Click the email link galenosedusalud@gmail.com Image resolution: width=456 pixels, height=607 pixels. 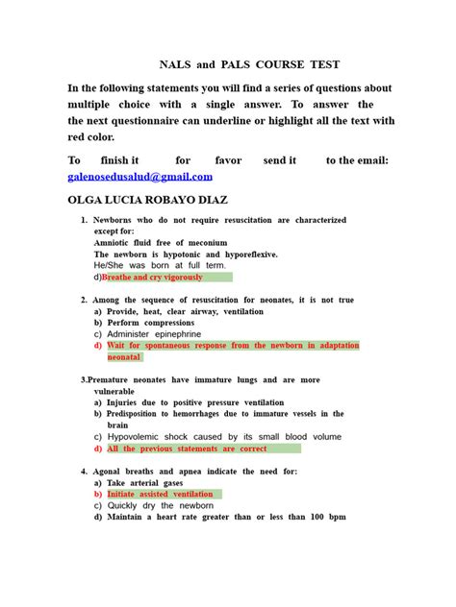click(139, 178)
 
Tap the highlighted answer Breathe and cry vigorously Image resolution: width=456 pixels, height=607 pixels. click(153, 277)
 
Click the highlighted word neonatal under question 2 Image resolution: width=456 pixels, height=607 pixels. click(125, 356)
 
